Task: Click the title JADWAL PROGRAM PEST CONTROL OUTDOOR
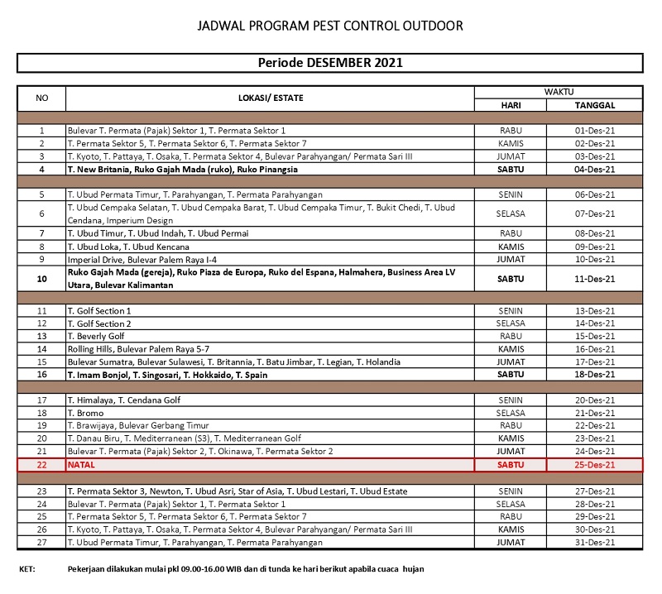pyautogui.click(x=330, y=26)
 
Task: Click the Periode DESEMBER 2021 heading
pyautogui.click(x=330, y=63)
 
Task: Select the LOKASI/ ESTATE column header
pyautogui.click(x=271, y=98)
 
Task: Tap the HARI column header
pyautogui.click(x=511, y=106)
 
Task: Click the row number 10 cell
pyautogui.click(x=41, y=279)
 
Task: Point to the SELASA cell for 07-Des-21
pyautogui.click(x=511, y=213)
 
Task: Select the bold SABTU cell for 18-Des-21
pyautogui.click(x=511, y=374)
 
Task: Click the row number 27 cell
pyautogui.click(x=41, y=542)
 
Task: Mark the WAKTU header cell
pyautogui.click(x=559, y=91)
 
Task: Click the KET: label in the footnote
pyautogui.click(x=27, y=569)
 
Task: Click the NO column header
pyautogui.click(x=41, y=98)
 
